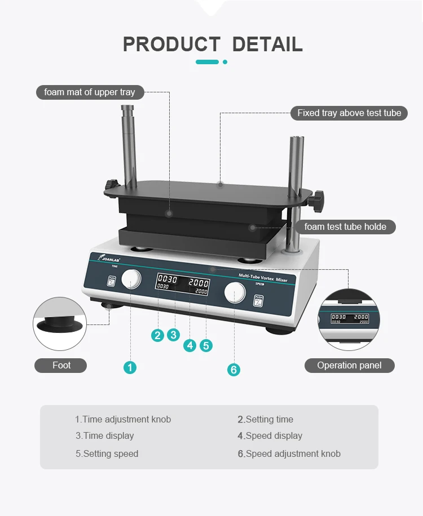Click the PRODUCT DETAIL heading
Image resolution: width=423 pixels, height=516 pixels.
click(x=212, y=44)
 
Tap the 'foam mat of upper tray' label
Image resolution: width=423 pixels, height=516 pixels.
click(x=90, y=92)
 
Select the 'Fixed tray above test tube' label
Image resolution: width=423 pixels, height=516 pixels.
click(x=349, y=113)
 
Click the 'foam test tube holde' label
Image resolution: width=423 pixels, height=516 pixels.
click(x=345, y=227)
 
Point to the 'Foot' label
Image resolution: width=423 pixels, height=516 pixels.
click(x=61, y=365)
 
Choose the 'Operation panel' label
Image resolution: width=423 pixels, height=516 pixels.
click(x=349, y=365)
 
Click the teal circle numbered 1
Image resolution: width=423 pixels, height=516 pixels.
click(x=130, y=368)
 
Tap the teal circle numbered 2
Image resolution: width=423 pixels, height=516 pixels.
click(x=158, y=335)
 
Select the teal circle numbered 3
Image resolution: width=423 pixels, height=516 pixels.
click(x=173, y=334)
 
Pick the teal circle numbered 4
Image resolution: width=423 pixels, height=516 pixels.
click(x=190, y=345)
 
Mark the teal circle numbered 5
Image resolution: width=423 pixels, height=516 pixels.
click(x=206, y=345)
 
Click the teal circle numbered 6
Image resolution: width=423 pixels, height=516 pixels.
click(x=233, y=370)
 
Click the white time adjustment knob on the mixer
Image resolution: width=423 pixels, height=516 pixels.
click(x=131, y=279)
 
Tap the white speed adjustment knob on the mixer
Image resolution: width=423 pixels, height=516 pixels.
click(x=235, y=291)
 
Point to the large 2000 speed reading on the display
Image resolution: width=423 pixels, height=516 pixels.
click(x=198, y=282)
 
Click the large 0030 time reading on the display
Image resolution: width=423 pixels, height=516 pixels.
click(x=167, y=279)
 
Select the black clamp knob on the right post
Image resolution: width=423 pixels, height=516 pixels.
click(x=320, y=198)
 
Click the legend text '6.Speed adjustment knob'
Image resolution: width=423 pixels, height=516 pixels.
click(x=289, y=453)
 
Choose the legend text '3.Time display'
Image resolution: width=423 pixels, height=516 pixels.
click(x=105, y=435)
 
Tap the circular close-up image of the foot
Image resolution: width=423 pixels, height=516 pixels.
click(x=60, y=324)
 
